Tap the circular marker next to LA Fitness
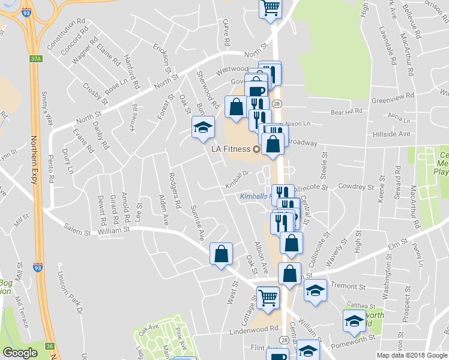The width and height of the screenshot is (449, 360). pos(256,149)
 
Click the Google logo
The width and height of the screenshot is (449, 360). pos(20,353)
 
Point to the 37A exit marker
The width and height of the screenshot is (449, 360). pos(36,59)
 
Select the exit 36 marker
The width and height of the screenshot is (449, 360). pos(50,345)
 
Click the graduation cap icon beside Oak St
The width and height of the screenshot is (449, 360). pos(203,126)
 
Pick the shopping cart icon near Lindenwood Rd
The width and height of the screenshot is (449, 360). pos(268,297)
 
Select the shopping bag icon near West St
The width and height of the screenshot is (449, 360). pos(221,253)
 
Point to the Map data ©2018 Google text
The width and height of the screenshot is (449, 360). pos(411,355)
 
